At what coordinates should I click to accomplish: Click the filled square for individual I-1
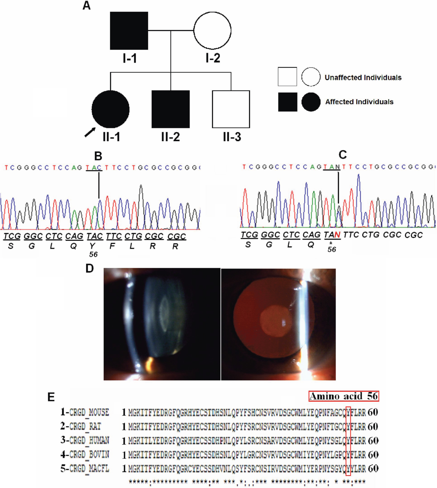click(129, 31)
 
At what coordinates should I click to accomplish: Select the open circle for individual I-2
click(212, 30)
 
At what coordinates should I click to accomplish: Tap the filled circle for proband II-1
click(110, 109)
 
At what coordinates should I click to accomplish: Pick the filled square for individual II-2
click(171, 109)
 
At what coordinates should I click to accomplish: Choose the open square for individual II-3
click(231, 109)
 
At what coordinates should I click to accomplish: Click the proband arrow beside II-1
click(90, 132)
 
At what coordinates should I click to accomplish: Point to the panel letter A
click(87, 5)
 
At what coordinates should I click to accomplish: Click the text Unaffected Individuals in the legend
click(363, 78)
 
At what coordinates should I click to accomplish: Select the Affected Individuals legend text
click(359, 102)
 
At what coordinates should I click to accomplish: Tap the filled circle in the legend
click(311, 102)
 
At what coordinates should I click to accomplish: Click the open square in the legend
click(287, 77)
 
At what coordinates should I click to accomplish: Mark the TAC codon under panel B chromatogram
click(95, 236)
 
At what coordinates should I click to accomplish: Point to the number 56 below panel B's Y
click(93, 255)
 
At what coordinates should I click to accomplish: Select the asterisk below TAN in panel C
click(331, 243)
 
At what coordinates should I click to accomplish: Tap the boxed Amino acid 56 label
click(343, 396)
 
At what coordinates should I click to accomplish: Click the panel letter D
click(90, 268)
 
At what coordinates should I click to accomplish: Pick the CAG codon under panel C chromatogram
click(311, 235)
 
